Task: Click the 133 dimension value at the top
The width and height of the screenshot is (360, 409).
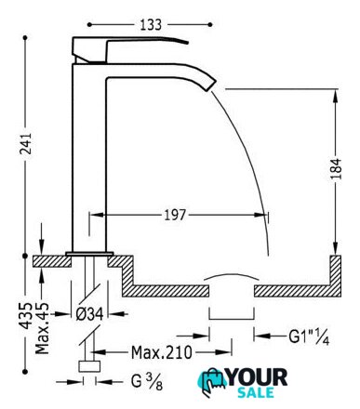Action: pyautogui.click(x=151, y=25)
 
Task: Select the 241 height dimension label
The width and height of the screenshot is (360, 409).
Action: pyautogui.click(x=26, y=144)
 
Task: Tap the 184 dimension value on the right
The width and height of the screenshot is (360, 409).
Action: pyautogui.click(x=336, y=168)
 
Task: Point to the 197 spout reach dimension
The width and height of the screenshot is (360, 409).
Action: pyautogui.click(x=175, y=215)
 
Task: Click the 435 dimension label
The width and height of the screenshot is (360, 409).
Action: pyautogui.click(x=26, y=315)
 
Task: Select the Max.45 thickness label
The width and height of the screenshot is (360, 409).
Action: pyautogui.click(x=42, y=328)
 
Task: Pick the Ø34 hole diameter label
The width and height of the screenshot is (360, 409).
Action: pyautogui.click(x=89, y=314)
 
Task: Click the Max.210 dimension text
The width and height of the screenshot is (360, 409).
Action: pyautogui.click(x=162, y=352)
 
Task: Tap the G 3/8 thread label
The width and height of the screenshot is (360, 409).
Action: pyautogui.click(x=147, y=382)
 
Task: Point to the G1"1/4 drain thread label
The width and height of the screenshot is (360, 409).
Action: pyautogui.click(x=309, y=336)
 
